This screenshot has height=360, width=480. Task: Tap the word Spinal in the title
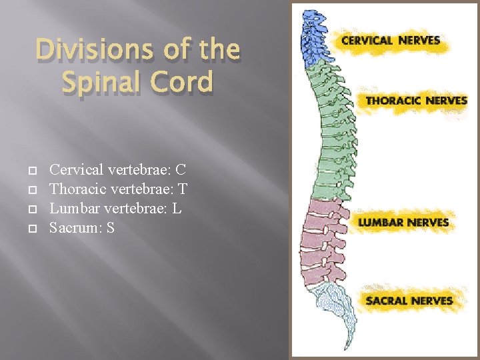[x=101, y=83]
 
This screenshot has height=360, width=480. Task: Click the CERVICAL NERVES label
[x=391, y=40]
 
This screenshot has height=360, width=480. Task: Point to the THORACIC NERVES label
[x=416, y=101]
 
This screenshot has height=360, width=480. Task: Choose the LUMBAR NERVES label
[x=403, y=222]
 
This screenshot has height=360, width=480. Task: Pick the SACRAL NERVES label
[x=409, y=301]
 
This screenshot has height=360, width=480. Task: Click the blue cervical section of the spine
[x=311, y=36]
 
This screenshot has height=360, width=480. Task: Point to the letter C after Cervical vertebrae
[x=181, y=170]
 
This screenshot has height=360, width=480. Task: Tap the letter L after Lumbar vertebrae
[x=177, y=209]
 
